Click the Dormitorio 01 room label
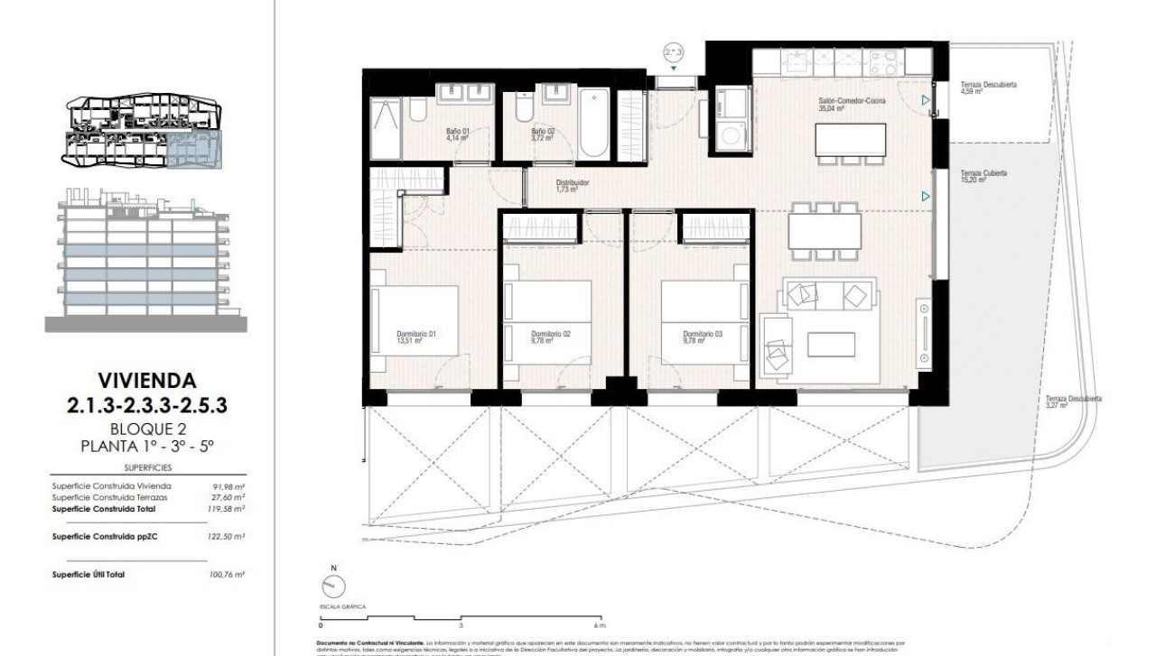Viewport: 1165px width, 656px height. (x=416, y=335)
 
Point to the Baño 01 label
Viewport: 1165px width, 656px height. (x=457, y=132)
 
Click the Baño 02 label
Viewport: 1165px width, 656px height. (x=543, y=132)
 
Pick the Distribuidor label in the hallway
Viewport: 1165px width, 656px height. (x=573, y=182)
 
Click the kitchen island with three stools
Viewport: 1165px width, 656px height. (x=849, y=139)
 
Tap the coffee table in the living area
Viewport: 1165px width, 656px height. (x=831, y=345)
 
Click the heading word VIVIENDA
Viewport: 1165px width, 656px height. (x=145, y=380)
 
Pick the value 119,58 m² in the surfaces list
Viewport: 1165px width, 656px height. (x=228, y=508)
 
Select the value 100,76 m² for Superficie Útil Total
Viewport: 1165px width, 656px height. (x=228, y=572)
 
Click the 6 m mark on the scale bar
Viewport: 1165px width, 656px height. (x=600, y=625)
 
